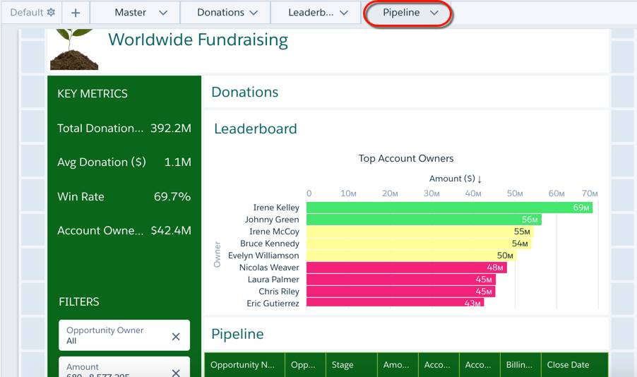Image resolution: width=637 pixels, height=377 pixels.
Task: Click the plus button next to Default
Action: pos(76,13)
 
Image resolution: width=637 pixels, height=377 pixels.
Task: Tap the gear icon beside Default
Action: pos(51,13)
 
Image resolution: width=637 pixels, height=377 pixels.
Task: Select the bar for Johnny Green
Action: pos(424,220)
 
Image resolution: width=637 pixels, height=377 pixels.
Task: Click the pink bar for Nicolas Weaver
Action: pos(406,268)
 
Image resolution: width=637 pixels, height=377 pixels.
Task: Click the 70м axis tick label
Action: pos(590,193)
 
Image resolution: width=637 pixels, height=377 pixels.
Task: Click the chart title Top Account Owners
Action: pos(406,158)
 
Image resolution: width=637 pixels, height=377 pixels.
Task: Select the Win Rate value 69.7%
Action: pos(172,196)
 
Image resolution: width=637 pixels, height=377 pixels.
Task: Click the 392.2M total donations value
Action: pos(171,128)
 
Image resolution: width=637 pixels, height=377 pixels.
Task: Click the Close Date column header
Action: pos(568,365)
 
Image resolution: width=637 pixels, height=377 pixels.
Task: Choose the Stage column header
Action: pos(343,365)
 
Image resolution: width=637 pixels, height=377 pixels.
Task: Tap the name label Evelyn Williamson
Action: pos(263,256)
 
